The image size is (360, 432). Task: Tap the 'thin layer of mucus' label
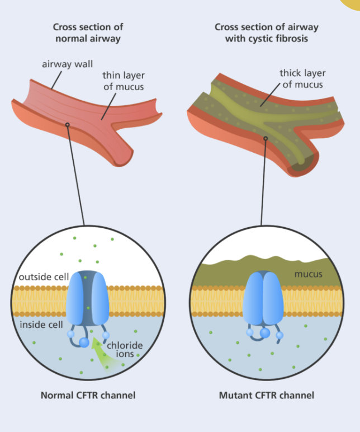tap(123, 81)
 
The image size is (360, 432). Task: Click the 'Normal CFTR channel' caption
tap(88, 395)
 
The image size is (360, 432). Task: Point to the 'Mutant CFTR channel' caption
tap(266, 395)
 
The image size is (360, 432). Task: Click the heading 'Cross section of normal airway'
tap(88, 32)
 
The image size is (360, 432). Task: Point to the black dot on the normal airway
tap(68, 124)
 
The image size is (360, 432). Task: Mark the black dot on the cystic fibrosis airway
tap(266, 138)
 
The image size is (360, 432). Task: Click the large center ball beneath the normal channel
tap(84, 342)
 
